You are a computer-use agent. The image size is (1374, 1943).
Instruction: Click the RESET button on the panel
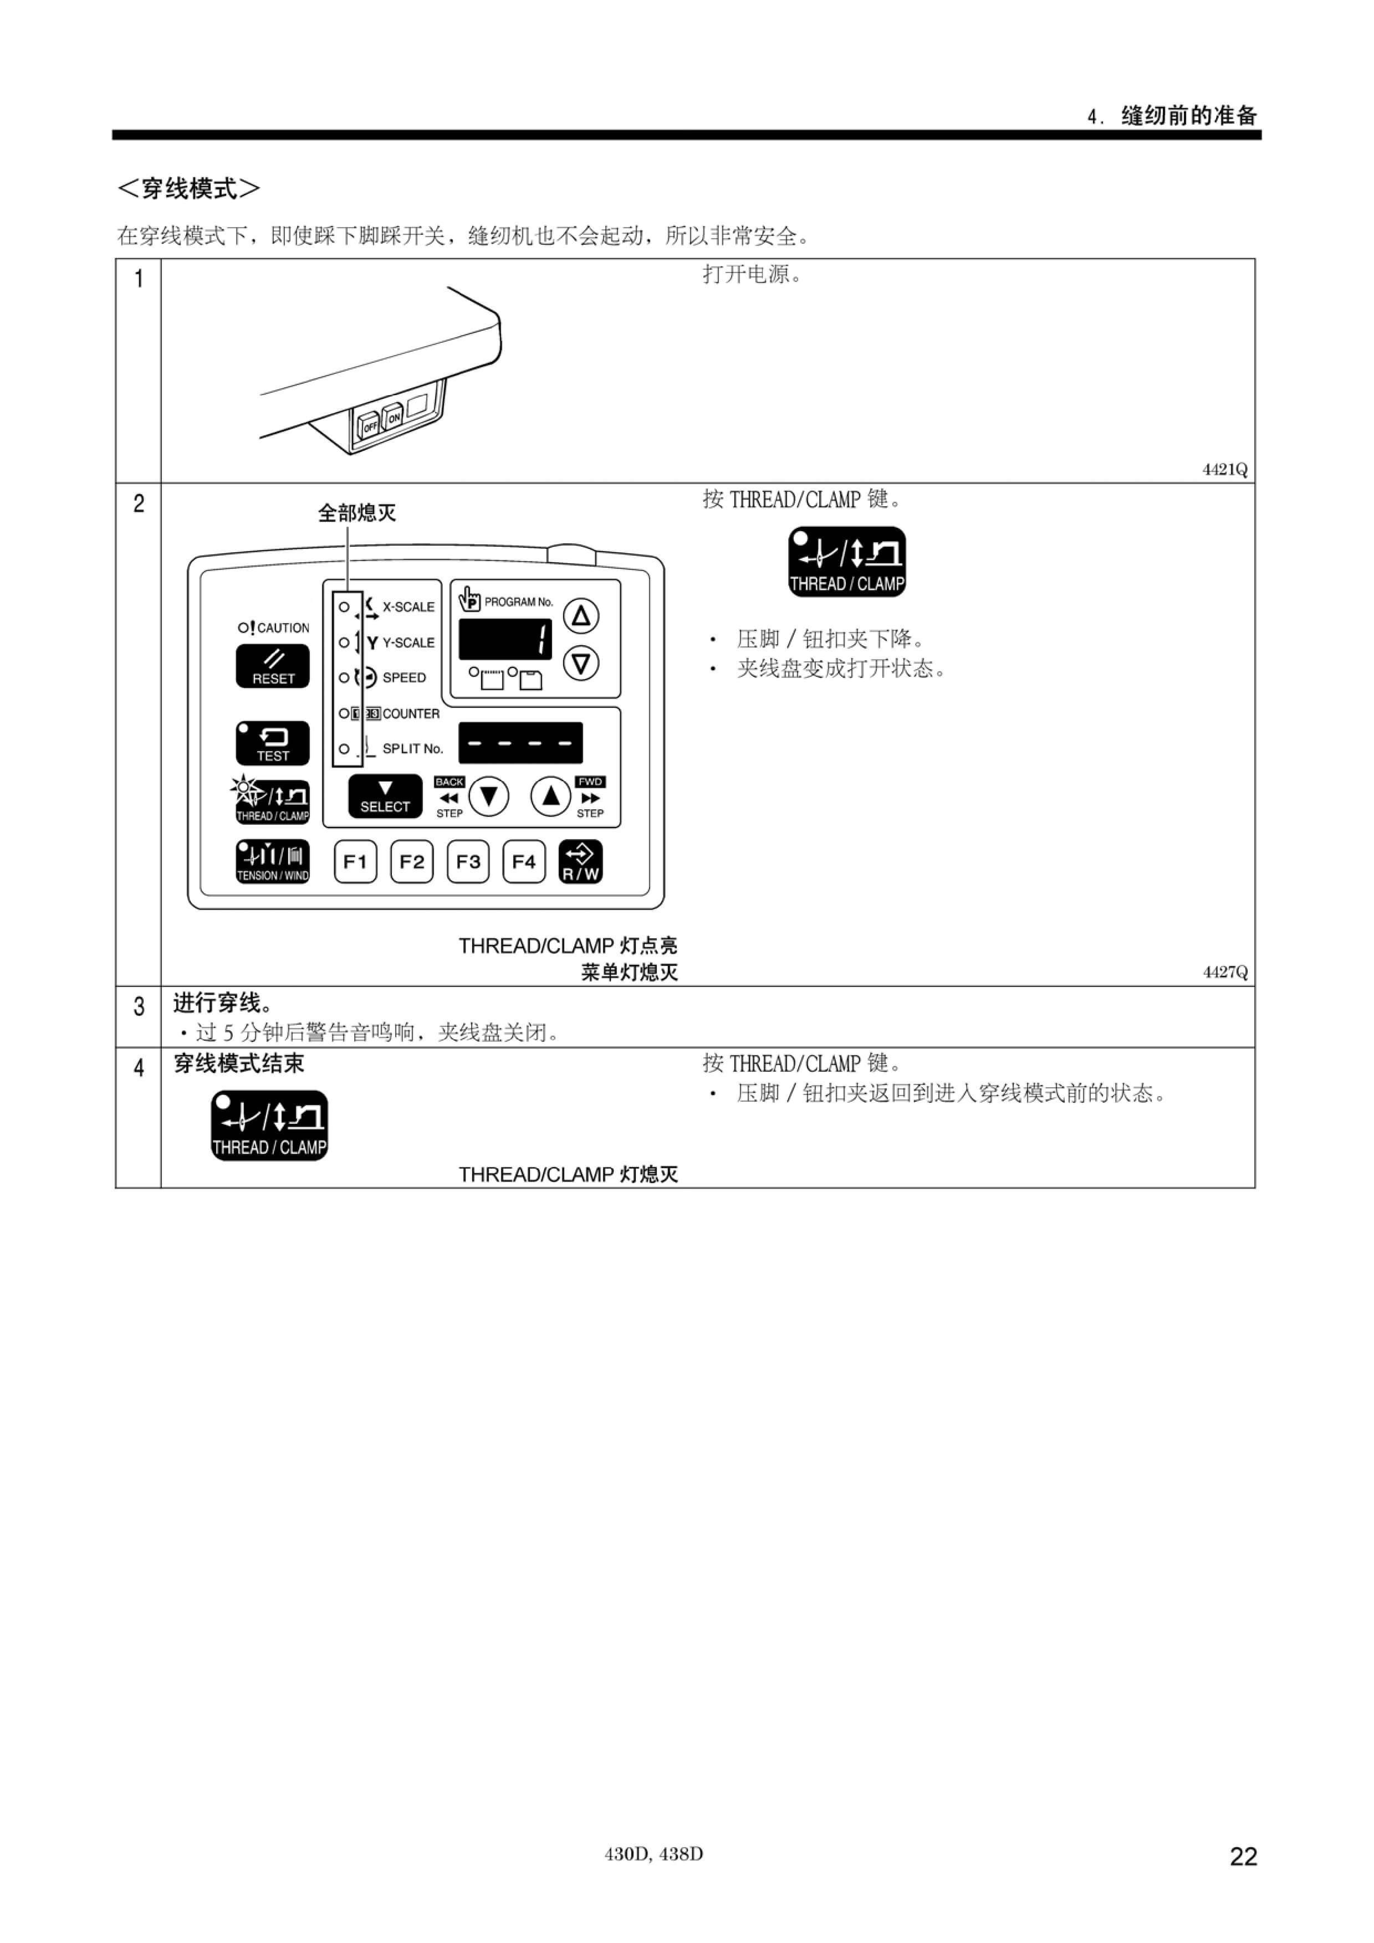(x=273, y=666)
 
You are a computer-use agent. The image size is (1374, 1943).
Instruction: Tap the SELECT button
(x=385, y=796)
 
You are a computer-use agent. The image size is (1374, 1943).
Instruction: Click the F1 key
(x=356, y=861)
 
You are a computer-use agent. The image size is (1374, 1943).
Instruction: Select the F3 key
(x=468, y=861)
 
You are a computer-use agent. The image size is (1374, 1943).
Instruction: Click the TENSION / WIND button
(x=273, y=861)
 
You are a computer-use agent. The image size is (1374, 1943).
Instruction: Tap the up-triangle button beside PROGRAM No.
(x=581, y=615)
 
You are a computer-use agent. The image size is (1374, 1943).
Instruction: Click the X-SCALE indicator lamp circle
(x=344, y=606)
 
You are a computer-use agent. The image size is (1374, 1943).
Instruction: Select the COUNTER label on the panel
(x=411, y=713)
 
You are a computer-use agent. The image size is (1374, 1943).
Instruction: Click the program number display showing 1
(x=505, y=639)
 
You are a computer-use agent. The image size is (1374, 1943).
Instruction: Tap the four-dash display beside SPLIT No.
(x=520, y=743)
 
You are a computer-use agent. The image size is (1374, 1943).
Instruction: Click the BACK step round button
(x=488, y=796)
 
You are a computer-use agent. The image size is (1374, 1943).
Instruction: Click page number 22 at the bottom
(x=1244, y=1856)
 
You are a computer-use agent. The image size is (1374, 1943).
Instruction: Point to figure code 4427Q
(x=1225, y=971)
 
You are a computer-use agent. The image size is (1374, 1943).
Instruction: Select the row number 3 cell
(x=138, y=1016)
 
